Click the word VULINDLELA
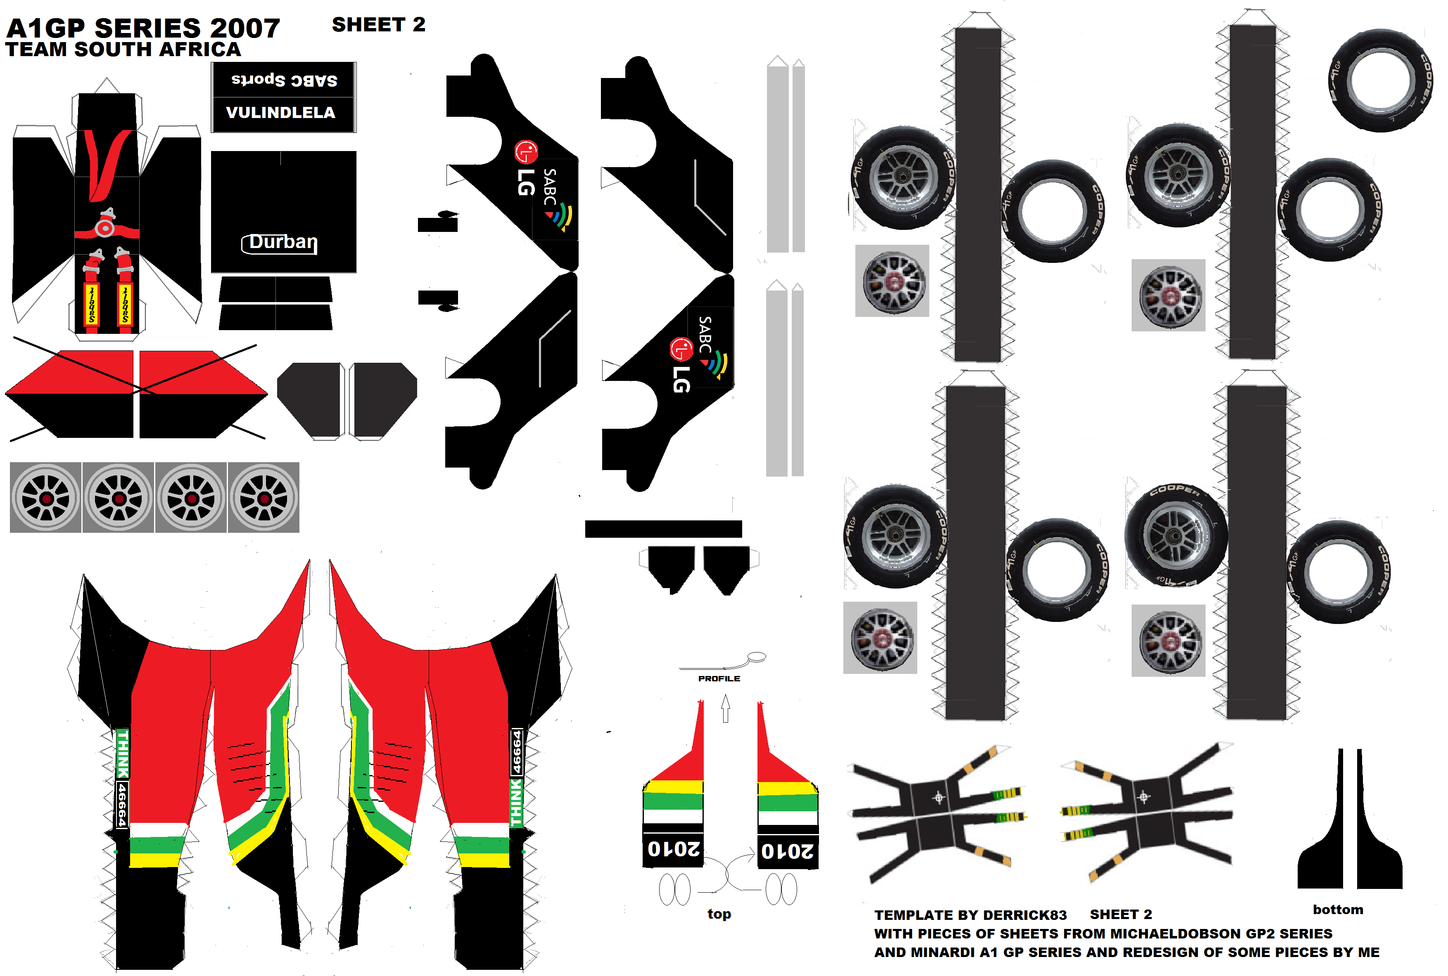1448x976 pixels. coord(280,113)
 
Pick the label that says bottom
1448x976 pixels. coord(1338,910)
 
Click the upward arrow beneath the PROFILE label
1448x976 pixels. coord(726,708)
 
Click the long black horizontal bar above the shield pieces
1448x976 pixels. coord(663,529)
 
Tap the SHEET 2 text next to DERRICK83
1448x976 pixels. coord(1120,915)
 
